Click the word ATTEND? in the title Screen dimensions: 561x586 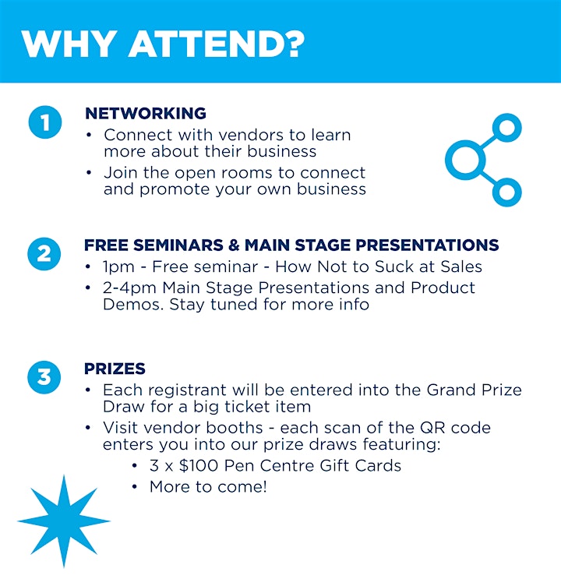(217, 44)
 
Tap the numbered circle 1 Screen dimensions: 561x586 (45, 122)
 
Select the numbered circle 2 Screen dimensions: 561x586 (44, 254)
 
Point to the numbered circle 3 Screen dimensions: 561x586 (44, 376)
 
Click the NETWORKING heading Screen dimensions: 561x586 (146, 113)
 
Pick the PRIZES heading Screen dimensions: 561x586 (115, 369)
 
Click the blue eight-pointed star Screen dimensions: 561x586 (64, 521)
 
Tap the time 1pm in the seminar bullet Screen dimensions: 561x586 (118, 267)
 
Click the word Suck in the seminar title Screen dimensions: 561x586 (394, 267)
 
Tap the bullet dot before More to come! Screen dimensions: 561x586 (135, 486)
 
